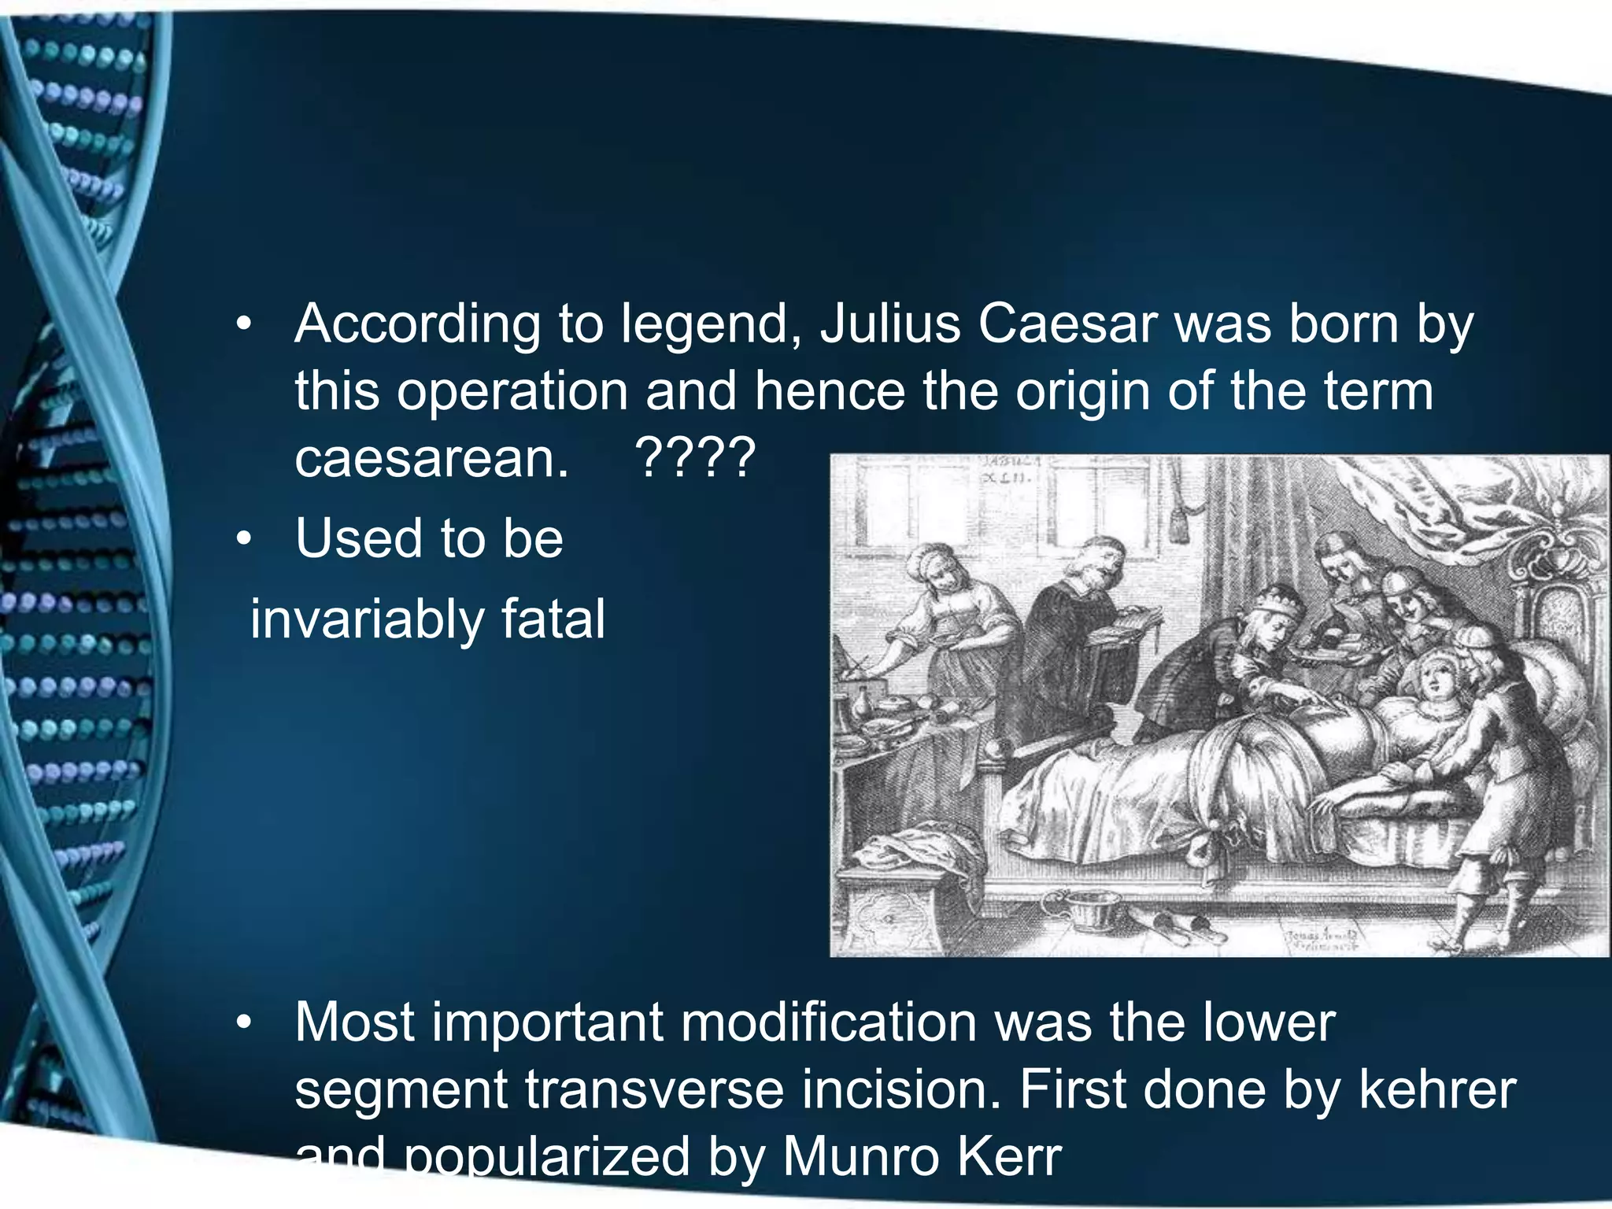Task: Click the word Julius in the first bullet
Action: point(890,324)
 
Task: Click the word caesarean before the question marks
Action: point(431,458)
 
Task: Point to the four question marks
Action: point(695,458)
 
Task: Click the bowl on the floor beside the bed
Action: point(1084,907)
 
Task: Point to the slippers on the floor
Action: point(1173,921)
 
